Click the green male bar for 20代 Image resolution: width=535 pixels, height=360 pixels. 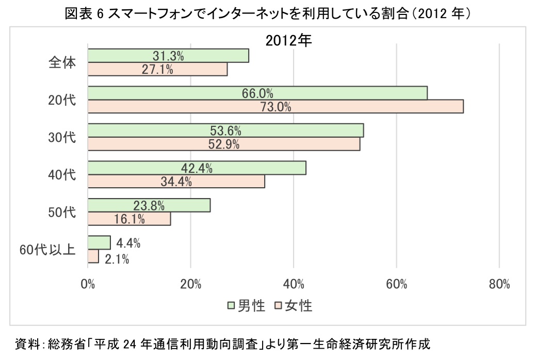[x=310, y=93]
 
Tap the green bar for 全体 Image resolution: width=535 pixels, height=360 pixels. [x=206, y=55]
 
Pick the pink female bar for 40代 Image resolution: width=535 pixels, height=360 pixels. [x=227, y=182]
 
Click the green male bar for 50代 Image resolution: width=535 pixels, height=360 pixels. [x=186, y=205]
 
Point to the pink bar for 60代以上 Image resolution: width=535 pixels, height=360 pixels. [x=93, y=256]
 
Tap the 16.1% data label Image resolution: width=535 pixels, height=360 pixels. [x=129, y=219]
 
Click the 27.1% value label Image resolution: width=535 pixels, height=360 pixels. [x=157, y=69]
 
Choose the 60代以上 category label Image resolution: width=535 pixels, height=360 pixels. [x=47, y=250]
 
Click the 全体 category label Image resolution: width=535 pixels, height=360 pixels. [x=62, y=62]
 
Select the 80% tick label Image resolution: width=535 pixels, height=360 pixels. [x=499, y=284]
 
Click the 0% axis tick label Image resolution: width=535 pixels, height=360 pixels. [x=88, y=284]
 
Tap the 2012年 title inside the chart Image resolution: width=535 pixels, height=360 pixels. [x=289, y=41]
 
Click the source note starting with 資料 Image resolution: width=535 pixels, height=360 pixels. [x=222, y=343]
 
